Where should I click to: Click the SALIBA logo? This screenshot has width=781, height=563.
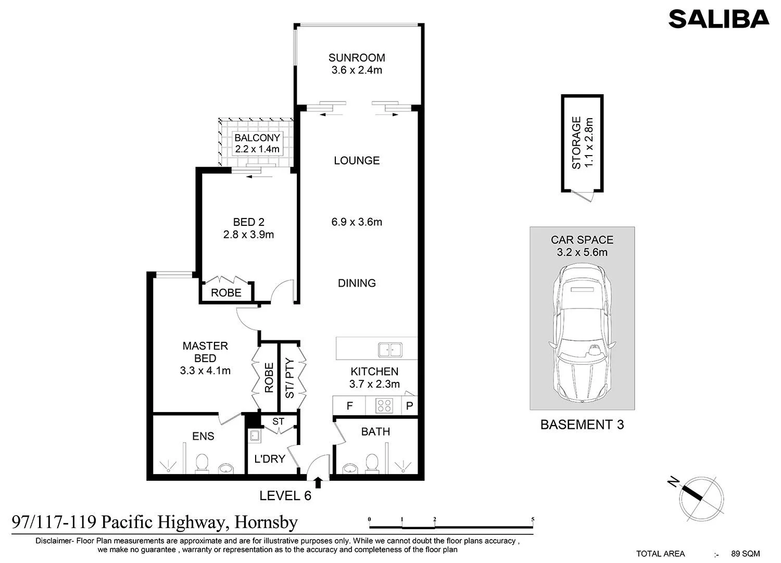[719, 19]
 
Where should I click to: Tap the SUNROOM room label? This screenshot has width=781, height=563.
[357, 57]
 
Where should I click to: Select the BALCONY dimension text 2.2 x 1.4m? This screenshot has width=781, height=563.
[257, 149]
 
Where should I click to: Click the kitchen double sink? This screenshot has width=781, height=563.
[390, 350]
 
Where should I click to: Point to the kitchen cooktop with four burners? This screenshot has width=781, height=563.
[384, 406]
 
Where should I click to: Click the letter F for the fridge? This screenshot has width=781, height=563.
[350, 406]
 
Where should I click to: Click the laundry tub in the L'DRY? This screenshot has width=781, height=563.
[255, 436]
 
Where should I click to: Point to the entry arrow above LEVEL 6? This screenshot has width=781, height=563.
[318, 482]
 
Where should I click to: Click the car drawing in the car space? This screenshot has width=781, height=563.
[582, 334]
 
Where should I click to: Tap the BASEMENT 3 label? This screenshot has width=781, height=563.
[582, 425]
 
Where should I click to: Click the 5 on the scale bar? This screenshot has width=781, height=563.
[533, 519]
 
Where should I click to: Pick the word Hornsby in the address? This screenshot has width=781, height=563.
[266, 522]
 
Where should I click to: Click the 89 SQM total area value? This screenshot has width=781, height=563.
[746, 554]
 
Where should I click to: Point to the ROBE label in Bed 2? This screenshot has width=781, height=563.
[226, 292]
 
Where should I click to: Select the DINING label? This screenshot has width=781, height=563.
[357, 283]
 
